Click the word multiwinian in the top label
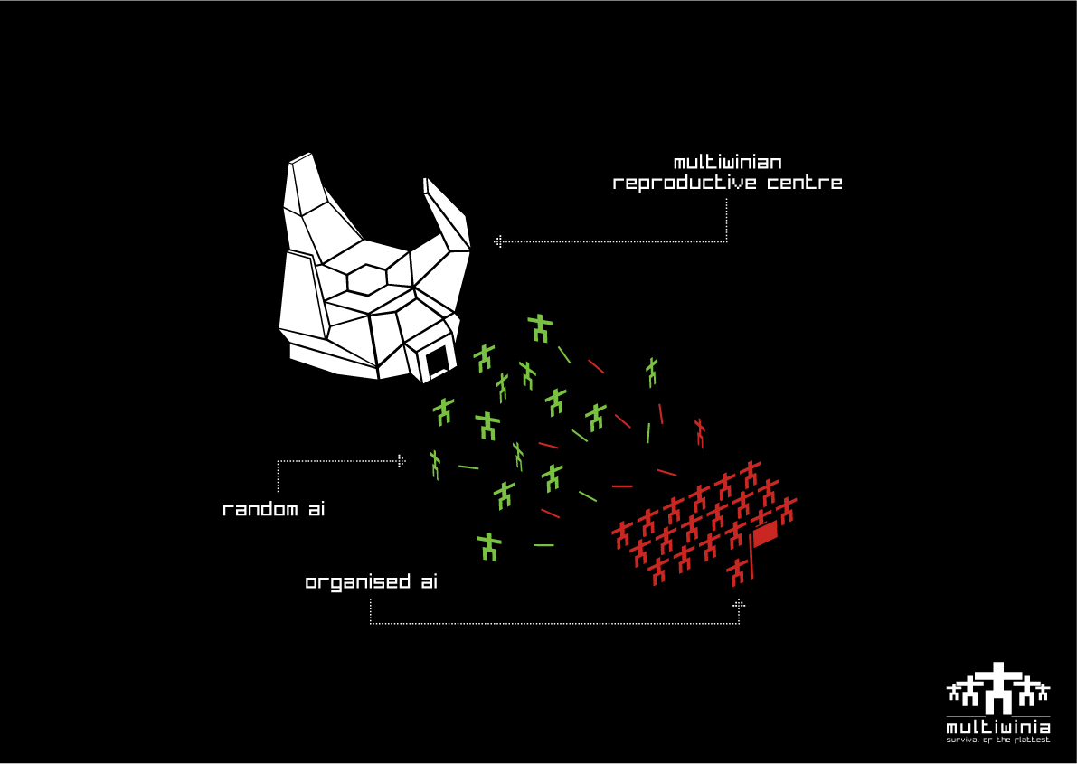(x=728, y=163)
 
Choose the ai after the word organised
(x=429, y=581)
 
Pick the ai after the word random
(x=315, y=510)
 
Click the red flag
(x=765, y=534)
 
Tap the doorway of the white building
(x=438, y=361)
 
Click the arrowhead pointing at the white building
(x=497, y=241)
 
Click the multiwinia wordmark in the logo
(x=998, y=727)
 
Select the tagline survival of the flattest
(x=998, y=740)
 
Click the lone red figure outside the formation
(x=699, y=432)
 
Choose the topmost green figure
(x=541, y=327)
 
